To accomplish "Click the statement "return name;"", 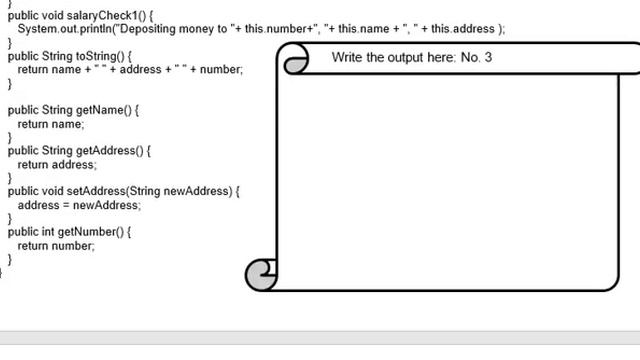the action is (51, 124).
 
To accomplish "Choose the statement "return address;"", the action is (57, 164).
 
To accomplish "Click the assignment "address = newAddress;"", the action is (79, 205).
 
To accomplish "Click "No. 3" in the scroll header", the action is (477, 58).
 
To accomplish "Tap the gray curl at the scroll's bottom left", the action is (261, 274).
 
